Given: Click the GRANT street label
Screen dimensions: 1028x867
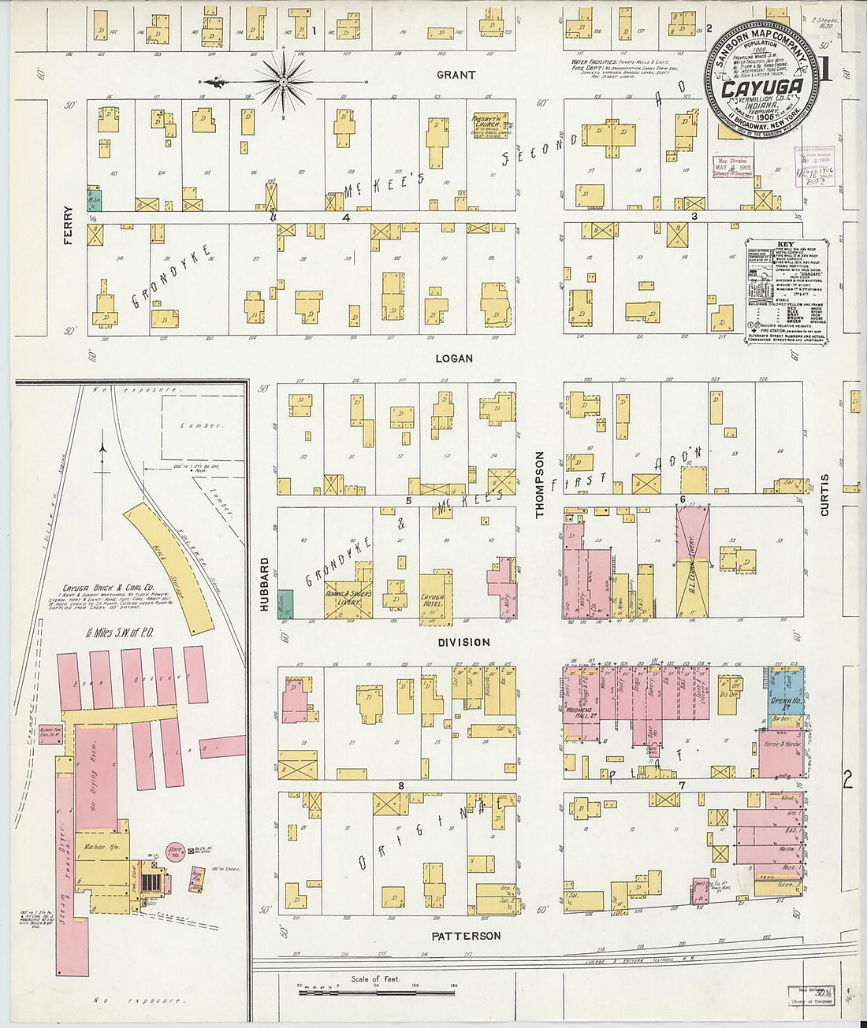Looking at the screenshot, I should click(456, 75).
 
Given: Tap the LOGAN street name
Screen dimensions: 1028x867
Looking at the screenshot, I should click(454, 358).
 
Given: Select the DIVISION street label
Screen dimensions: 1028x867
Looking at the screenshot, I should click(463, 642).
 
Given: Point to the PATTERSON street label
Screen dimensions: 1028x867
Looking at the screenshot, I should click(466, 936).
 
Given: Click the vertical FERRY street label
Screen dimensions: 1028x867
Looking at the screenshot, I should click(69, 225).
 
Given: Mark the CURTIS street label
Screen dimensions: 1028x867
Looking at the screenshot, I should click(824, 495).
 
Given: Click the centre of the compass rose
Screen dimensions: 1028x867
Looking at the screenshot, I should click(284, 81).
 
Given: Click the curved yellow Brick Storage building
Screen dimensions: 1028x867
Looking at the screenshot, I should click(169, 567).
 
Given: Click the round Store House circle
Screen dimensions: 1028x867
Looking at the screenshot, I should click(175, 851).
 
